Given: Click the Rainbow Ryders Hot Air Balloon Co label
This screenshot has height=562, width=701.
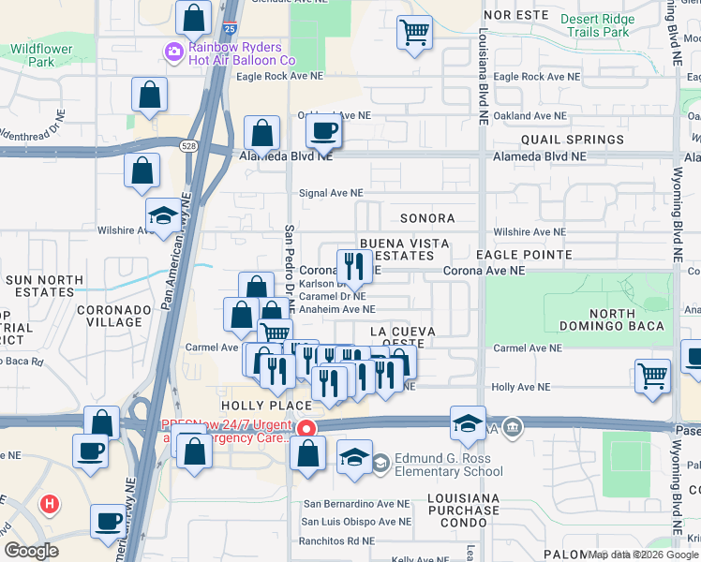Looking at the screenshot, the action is click(242, 53).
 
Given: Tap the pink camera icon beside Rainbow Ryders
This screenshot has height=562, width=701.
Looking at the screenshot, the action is click(173, 53).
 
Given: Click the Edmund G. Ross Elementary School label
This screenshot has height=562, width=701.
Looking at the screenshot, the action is click(450, 466).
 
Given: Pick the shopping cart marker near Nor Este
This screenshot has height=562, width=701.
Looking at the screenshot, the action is click(414, 33).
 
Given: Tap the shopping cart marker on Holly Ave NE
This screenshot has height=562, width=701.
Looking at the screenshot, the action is click(652, 377).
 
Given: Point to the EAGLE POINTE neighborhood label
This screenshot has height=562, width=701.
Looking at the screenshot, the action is click(524, 255).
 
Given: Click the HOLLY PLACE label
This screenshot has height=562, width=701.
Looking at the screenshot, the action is click(265, 405).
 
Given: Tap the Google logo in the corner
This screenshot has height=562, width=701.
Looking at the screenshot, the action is click(32, 551).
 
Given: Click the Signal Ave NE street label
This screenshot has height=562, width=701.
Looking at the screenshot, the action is click(331, 194).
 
